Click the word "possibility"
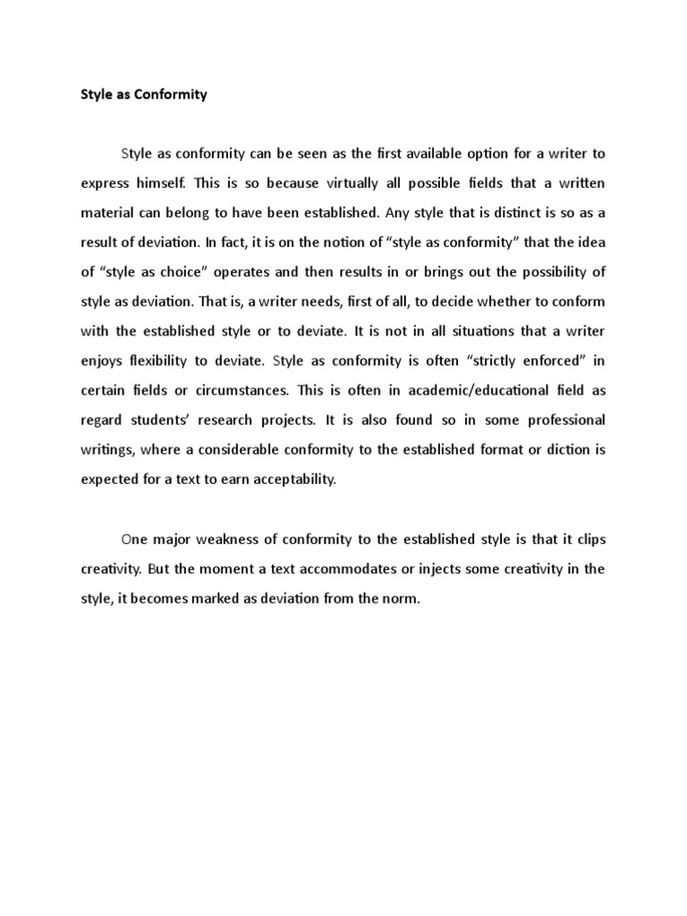pos(555,272)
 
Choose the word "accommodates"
pos(353,569)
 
